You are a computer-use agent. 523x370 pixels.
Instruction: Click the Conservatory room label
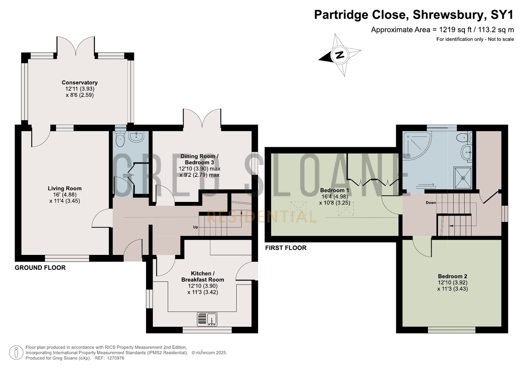(80, 83)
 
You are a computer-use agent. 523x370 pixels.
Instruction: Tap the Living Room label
(65, 188)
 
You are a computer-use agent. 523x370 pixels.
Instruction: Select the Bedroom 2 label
(452, 276)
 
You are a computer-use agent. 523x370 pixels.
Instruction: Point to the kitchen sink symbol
(207, 319)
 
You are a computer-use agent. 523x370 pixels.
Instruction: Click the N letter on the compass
(340, 55)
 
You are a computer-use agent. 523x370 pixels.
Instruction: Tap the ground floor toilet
(120, 139)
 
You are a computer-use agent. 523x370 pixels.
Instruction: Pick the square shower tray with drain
(463, 178)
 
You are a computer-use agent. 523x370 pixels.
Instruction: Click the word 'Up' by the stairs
(195, 227)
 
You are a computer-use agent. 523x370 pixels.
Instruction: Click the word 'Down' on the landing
(431, 202)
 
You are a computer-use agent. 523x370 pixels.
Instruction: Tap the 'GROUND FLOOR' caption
(40, 268)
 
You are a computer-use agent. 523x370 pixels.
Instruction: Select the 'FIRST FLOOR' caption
(286, 248)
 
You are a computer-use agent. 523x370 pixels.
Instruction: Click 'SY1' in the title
(502, 15)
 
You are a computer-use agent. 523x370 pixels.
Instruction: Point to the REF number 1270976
(115, 358)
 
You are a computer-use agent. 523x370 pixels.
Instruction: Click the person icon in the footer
(16, 353)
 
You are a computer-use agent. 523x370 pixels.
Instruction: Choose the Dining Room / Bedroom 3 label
(200, 159)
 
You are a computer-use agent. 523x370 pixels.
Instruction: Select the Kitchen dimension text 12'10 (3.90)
(203, 286)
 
